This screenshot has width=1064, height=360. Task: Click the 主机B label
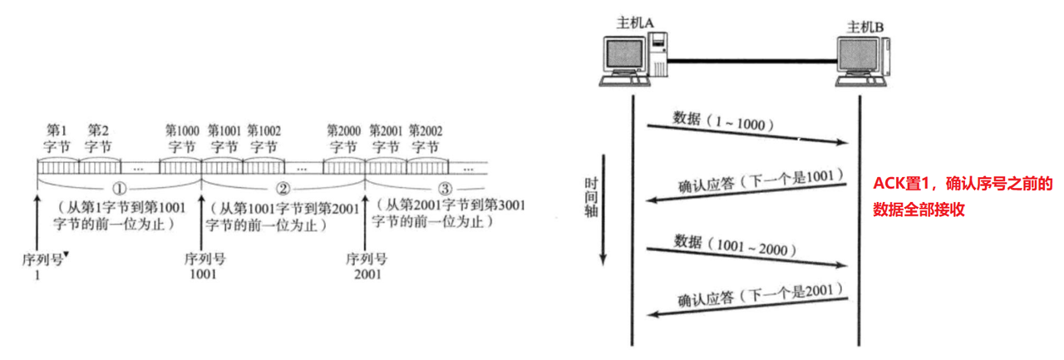(865, 27)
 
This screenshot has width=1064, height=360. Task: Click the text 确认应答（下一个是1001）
(761, 177)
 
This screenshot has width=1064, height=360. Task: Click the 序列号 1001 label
(204, 265)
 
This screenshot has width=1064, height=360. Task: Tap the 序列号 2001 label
(367, 265)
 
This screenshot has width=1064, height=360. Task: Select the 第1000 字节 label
(181, 138)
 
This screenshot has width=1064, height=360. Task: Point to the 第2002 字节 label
(426, 138)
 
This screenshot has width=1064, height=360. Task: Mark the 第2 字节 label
(99, 138)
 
